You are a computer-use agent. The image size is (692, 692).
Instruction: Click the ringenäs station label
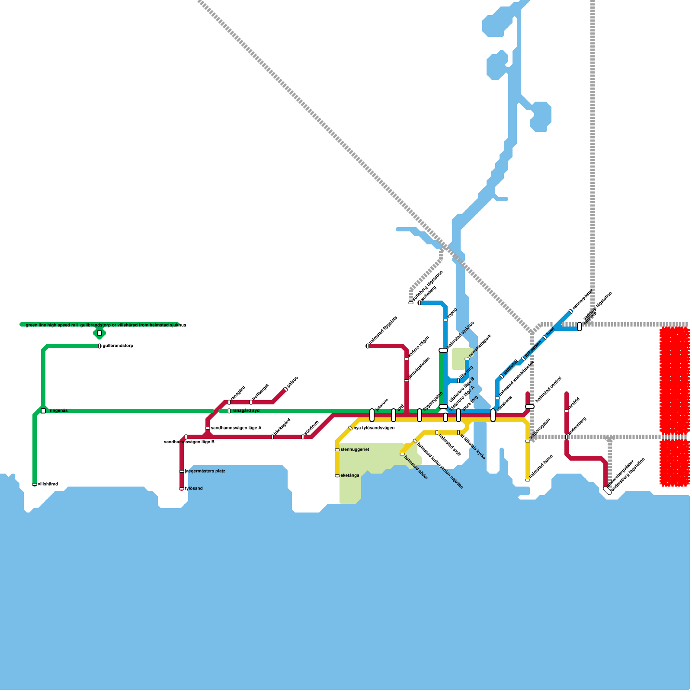[59, 411]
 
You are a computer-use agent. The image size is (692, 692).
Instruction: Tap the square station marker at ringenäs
[43, 411]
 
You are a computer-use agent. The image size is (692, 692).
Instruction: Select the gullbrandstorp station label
[118, 346]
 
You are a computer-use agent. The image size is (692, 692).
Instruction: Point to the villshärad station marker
[35, 484]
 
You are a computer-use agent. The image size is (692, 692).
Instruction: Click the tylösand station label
[194, 489]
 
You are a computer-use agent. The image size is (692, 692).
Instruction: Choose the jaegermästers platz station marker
[182, 471]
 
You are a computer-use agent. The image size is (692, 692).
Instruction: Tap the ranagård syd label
[246, 411]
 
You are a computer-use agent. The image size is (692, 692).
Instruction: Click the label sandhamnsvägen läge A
[236, 428]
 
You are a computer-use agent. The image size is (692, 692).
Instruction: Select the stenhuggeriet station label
[355, 450]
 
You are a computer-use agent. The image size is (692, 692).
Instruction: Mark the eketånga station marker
[337, 476]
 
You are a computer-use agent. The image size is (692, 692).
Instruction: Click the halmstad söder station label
[416, 467]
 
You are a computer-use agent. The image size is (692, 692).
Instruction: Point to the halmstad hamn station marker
[528, 480]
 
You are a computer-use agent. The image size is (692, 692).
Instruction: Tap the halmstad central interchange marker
[530, 407]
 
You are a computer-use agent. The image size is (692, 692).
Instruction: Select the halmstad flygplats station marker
[368, 346]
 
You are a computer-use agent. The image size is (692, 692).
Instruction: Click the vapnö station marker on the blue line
[445, 320]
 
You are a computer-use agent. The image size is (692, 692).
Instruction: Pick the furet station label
[551, 332]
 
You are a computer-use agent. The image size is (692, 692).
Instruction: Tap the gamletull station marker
[502, 376]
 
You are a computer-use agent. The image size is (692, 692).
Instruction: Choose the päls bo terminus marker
[285, 389]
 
